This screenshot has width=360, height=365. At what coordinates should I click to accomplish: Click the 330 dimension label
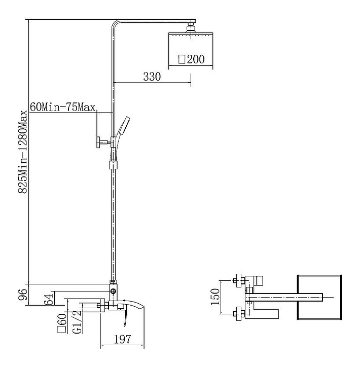152,77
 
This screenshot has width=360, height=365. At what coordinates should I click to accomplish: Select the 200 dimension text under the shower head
196,59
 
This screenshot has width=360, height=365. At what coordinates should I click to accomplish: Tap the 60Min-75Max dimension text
63,107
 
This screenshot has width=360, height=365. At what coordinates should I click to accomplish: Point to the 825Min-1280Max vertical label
23,152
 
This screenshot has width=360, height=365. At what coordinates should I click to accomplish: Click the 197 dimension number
123,339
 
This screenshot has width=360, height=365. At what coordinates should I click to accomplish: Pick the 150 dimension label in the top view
215,297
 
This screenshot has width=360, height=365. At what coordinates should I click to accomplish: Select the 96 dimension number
23,295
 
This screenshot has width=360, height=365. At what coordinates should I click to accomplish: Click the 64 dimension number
49,299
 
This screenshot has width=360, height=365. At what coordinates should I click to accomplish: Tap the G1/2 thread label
77,322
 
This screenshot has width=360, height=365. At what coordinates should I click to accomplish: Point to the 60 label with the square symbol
62,323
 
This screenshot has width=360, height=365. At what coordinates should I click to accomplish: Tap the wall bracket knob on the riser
99,142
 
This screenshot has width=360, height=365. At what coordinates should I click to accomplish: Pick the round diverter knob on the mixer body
114,291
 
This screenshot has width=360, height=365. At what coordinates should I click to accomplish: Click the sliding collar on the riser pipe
113,165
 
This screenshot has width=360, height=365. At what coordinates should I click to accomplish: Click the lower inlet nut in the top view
239,314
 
